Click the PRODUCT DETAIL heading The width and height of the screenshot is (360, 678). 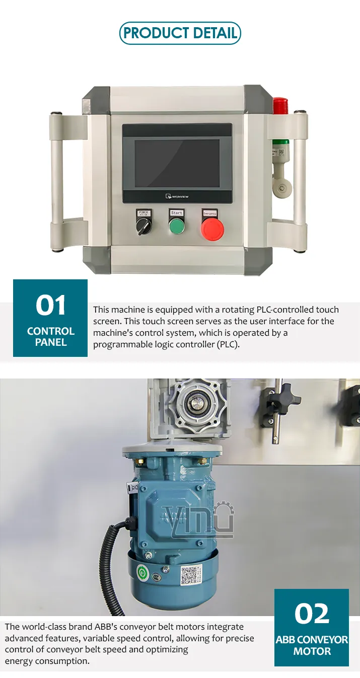180,33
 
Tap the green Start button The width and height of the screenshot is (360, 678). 177,226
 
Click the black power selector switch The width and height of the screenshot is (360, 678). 143,227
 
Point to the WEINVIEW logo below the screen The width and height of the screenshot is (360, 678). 177,196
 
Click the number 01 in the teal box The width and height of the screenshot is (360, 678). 50,306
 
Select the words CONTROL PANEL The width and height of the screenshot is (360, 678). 50,337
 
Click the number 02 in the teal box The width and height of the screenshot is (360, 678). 312,614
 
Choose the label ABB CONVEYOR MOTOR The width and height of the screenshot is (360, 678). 312,645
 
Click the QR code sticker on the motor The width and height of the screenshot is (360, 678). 190,575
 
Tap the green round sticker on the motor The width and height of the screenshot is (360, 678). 143,573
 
